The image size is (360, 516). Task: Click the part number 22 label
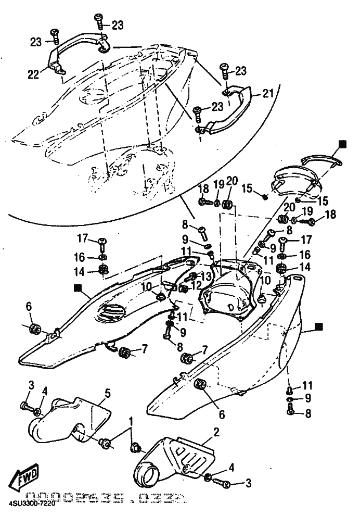click(x=33, y=75)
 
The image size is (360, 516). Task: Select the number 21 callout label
click(x=267, y=94)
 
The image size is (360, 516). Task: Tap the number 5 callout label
click(x=107, y=393)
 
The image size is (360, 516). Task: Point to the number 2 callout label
click(x=216, y=432)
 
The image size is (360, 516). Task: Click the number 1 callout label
click(x=131, y=421)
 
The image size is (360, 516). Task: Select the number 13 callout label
click(x=207, y=276)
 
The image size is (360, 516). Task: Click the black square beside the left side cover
click(x=78, y=286)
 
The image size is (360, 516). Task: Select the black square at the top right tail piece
click(x=342, y=142)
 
